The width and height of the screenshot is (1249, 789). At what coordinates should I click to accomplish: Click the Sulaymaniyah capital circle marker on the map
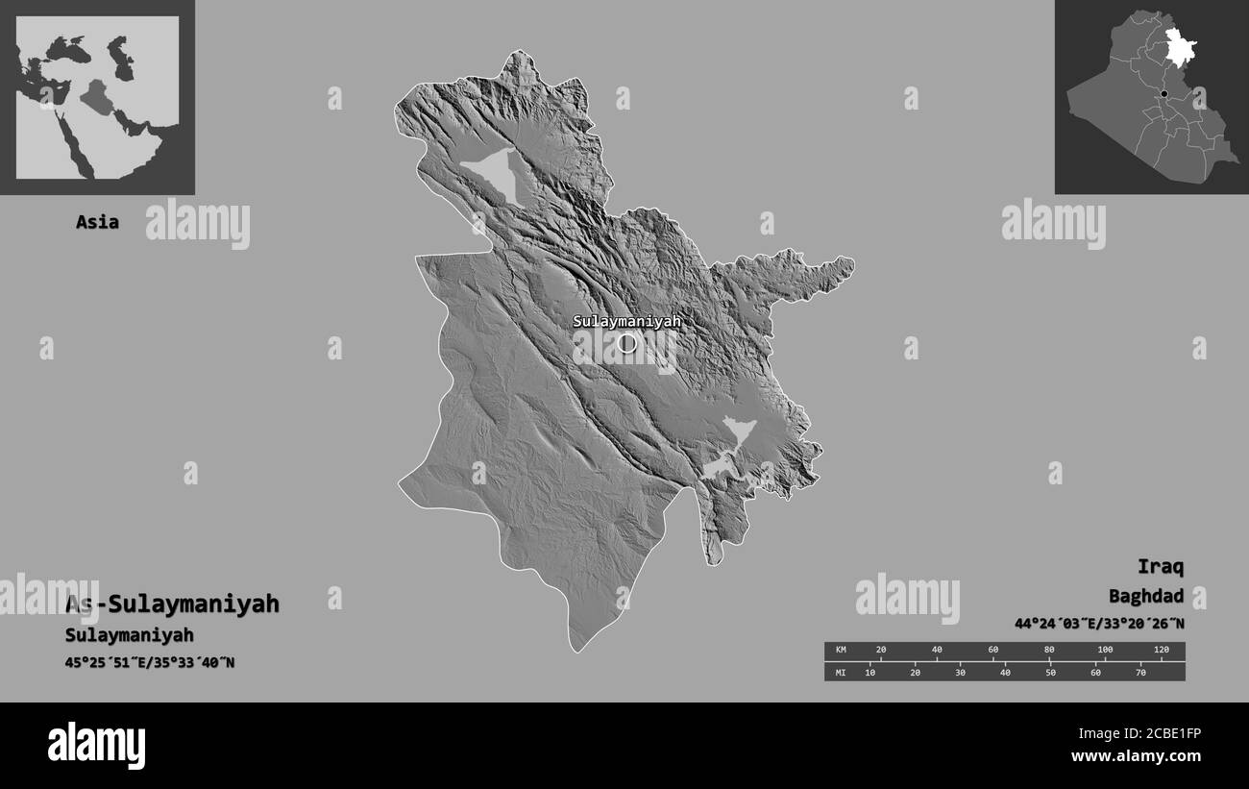tap(627, 343)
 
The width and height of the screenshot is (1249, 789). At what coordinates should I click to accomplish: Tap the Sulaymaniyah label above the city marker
tap(626, 322)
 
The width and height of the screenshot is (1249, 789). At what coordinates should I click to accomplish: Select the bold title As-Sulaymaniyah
tap(172, 604)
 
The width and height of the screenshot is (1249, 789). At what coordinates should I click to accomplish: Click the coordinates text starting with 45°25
tap(150, 662)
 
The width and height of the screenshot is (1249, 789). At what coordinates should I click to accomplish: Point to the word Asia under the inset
tap(98, 222)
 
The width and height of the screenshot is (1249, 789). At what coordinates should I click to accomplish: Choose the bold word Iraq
tap(1160, 565)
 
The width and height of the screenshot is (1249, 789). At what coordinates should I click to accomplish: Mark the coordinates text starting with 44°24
tap(1098, 624)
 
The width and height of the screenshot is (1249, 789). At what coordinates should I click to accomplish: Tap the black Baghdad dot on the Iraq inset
tap(1163, 94)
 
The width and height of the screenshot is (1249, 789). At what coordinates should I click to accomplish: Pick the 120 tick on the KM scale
tap(1161, 651)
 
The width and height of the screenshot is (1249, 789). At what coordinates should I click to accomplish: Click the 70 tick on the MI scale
tap(1140, 672)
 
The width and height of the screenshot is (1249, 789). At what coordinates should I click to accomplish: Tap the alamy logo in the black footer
tap(96, 745)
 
